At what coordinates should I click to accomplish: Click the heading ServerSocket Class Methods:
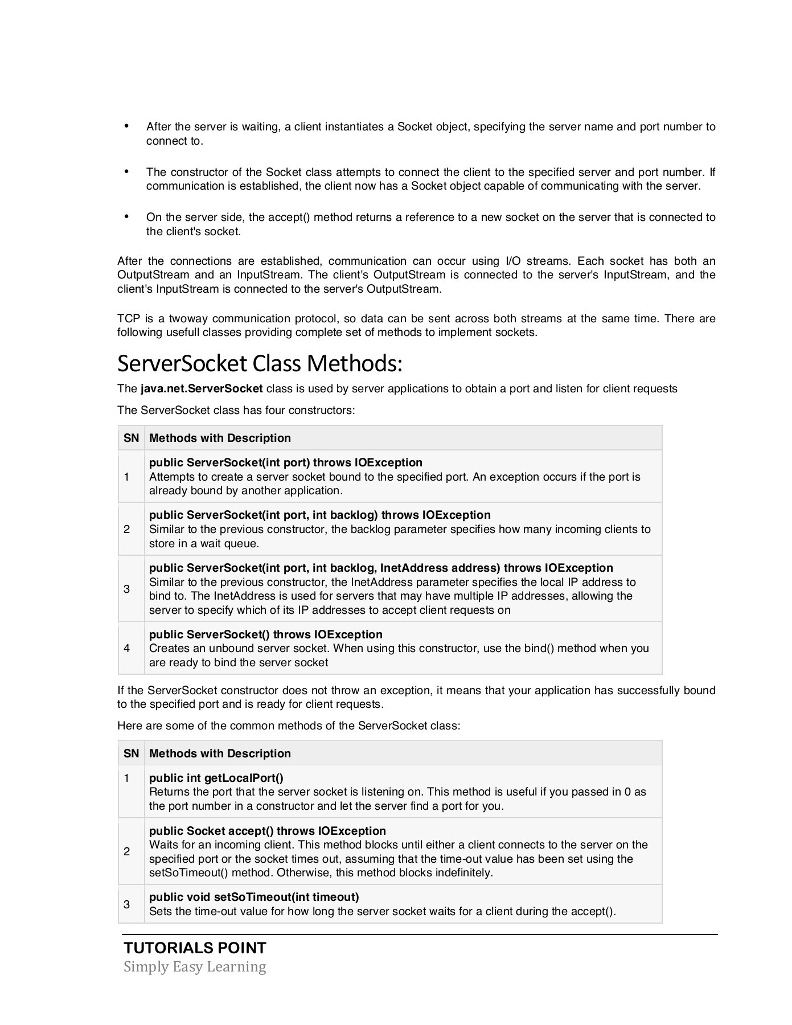pyautogui.click(x=260, y=363)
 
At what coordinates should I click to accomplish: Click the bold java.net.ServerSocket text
pyautogui.click(x=202, y=389)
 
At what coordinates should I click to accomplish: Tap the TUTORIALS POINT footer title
pyautogui.click(x=195, y=948)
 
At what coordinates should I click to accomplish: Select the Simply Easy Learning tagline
pyautogui.click(x=195, y=967)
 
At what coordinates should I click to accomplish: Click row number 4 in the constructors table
pyautogui.click(x=126, y=648)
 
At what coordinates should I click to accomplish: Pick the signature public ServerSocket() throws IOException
pyautogui.click(x=265, y=634)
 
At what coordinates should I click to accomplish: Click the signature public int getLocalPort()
pyautogui.click(x=216, y=778)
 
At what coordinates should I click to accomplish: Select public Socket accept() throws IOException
pyautogui.click(x=268, y=831)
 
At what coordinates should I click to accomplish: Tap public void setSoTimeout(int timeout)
pyautogui.click(x=254, y=897)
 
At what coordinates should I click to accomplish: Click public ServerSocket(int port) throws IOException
pyautogui.click(x=286, y=462)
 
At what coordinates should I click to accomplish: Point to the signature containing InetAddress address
pyautogui.click(x=381, y=568)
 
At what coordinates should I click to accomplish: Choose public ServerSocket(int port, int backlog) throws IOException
pyautogui.click(x=319, y=515)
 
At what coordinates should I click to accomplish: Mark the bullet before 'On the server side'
pyautogui.click(x=126, y=216)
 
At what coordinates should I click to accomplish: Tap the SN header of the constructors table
pyautogui.click(x=131, y=438)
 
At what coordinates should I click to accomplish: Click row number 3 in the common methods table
pyautogui.click(x=126, y=904)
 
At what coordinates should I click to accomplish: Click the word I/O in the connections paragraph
pyautogui.click(x=511, y=261)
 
